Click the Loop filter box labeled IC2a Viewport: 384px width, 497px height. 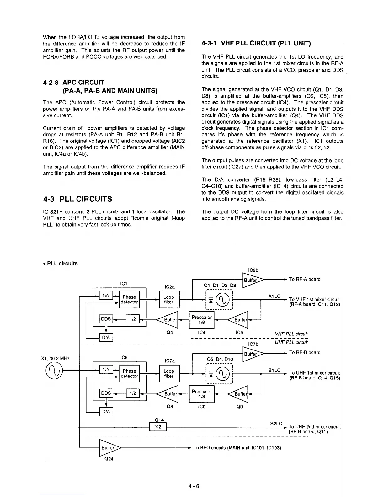168,299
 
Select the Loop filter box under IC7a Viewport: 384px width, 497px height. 168,373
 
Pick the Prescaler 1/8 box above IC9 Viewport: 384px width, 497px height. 201,394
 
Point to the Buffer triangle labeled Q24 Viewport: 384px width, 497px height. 109,448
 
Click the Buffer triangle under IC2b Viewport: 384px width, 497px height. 252,280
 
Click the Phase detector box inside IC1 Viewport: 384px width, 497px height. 129,299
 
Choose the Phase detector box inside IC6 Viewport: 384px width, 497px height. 129,373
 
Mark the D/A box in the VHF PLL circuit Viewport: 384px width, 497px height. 106,337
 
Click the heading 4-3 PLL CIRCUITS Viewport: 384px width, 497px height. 77,199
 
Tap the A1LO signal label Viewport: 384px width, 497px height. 274,297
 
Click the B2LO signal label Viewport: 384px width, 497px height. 276,423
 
